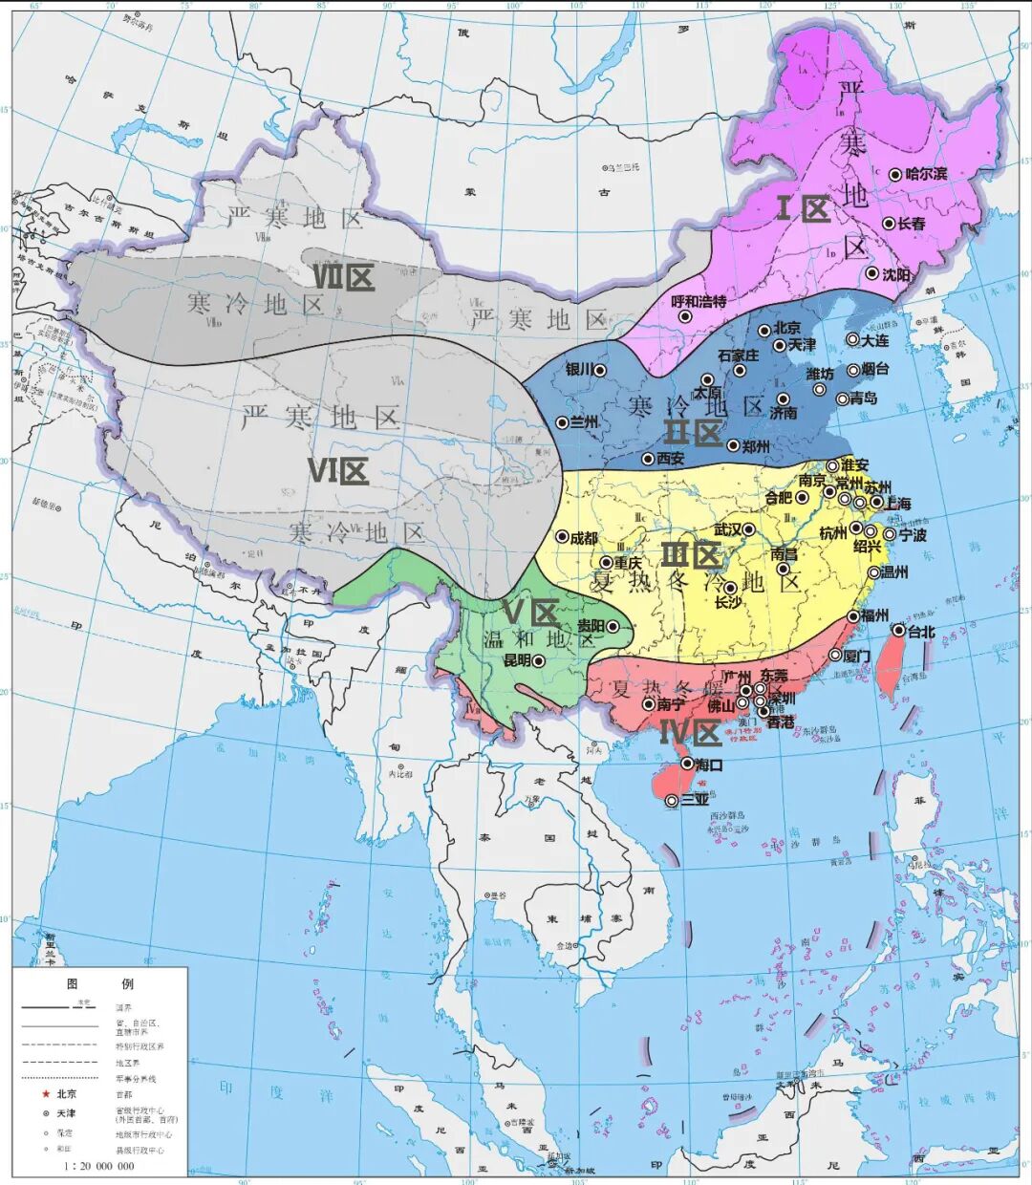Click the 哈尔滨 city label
pyautogui.click(x=926, y=174)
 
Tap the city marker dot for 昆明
pyautogui.click(x=538, y=660)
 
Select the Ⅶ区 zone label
pyautogui.click(x=343, y=278)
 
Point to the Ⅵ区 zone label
pyautogui.click(x=337, y=470)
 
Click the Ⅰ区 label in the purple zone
pyautogui.click(x=802, y=208)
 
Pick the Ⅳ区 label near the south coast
pyautogui.click(x=690, y=733)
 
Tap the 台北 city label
pyautogui.click(x=922, y=631)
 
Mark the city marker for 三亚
pyautogui.click(x=672, y=800)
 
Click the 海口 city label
pyautogui.click(x=709, y=765)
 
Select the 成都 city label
pyautogui.click(x=583, y=538)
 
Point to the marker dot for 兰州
pyautogui.click(x=562, y=422)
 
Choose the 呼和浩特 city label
pyautogui.click(x=699, y=301)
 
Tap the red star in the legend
pyautogui.click(x=44, y=1094)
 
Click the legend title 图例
pyautogui.click(x=99, y=983)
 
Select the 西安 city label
pyautogui.click(x=670, y=459)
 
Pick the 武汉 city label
pyautogui.click(x=728, y=529)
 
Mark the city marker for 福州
pyautogui.click(x=853, y=616)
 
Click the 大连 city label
pyautogui.click(x=874, y=339)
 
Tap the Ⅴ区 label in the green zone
pyautogui.click(x=530, y=611)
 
